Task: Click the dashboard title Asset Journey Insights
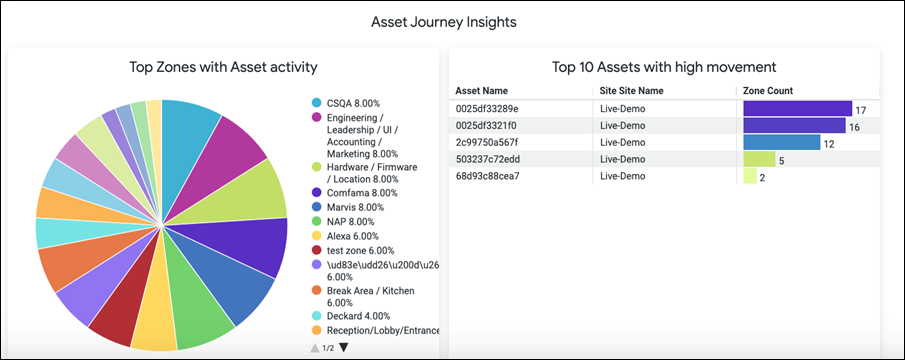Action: [443, 22]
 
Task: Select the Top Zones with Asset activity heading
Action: [223, 68]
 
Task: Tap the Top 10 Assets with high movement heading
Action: [664, 68]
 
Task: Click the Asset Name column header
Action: [481, 91]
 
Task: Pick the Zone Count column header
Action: [768, 91]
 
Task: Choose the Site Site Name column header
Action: [631, 91]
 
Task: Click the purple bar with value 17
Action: [798, 108]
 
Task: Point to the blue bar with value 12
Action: [781, 142]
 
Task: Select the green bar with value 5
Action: [759, 159]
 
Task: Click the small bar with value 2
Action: [750, 176]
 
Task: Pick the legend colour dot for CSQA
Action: [316, 103]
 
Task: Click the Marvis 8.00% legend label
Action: [355, 207]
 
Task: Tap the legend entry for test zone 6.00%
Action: [360, 250]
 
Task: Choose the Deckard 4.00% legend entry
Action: [358, 316]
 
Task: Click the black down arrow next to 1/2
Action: [344, 347]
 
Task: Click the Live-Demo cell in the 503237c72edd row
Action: [623, 159]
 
